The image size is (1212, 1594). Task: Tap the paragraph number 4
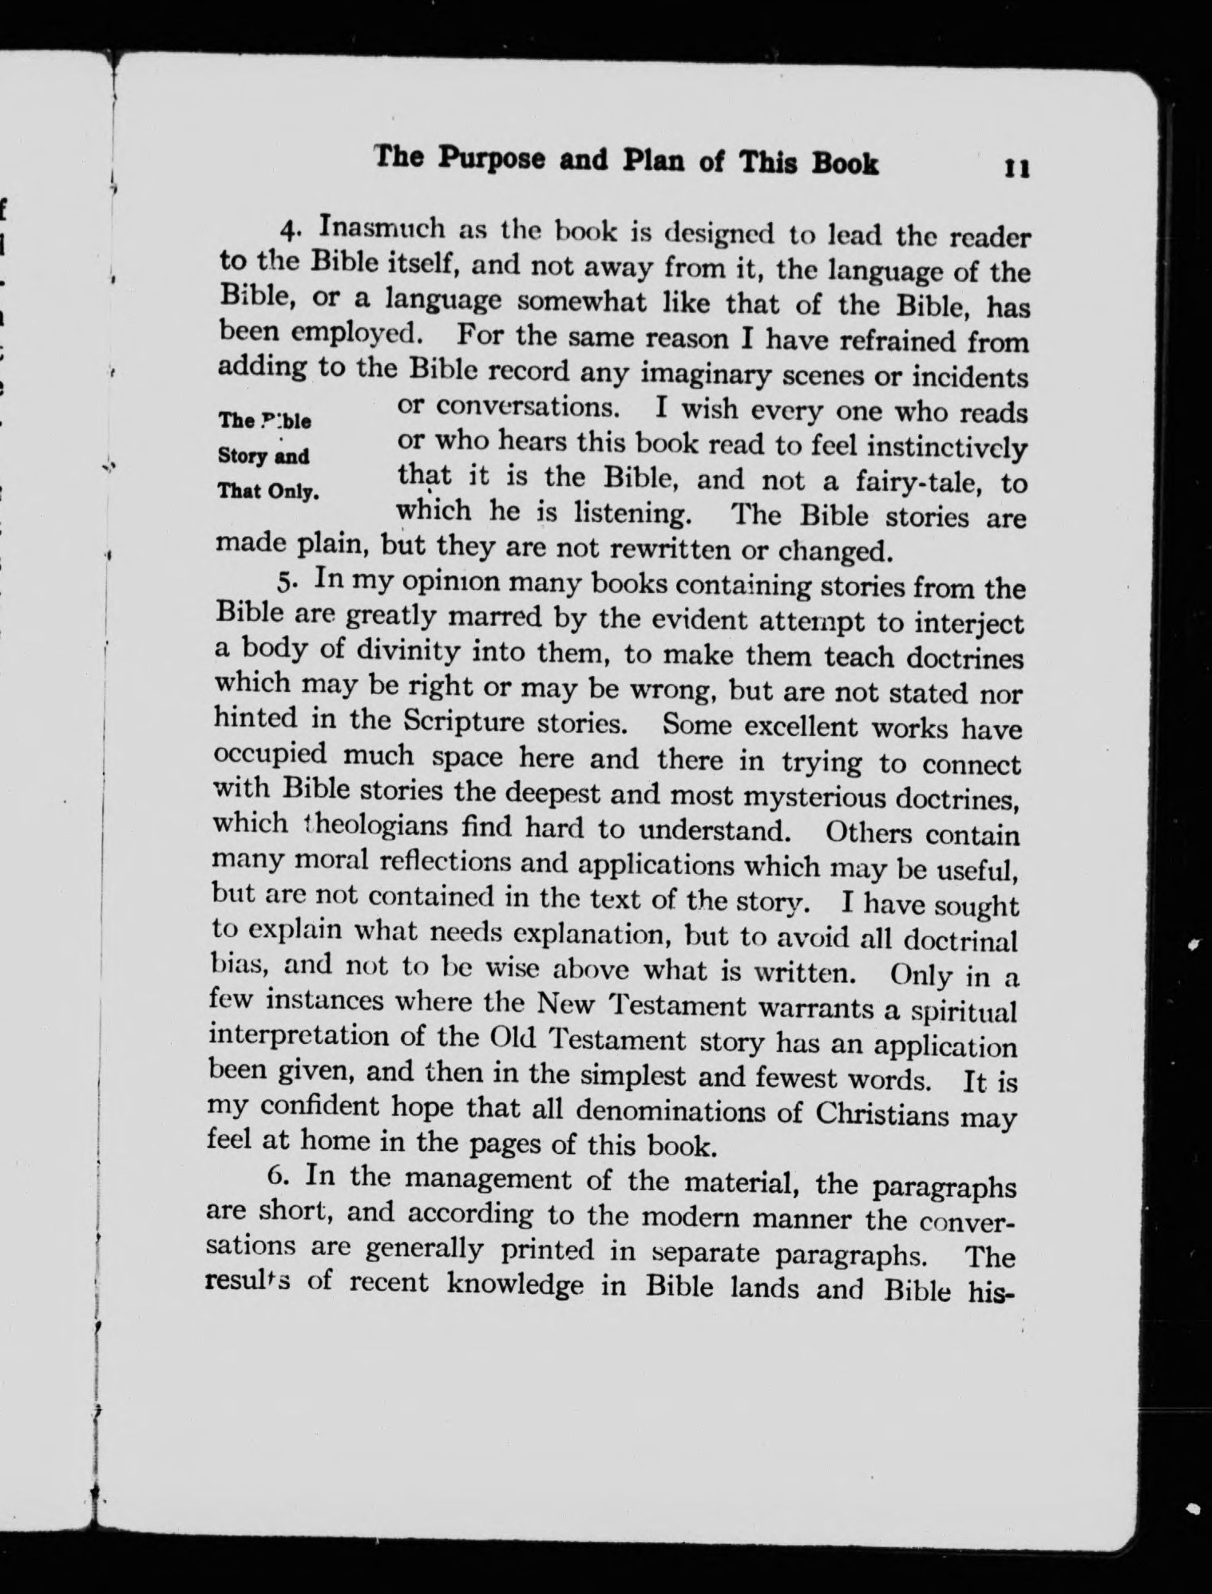(290, 229)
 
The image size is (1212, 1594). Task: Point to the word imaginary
(704, 374)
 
